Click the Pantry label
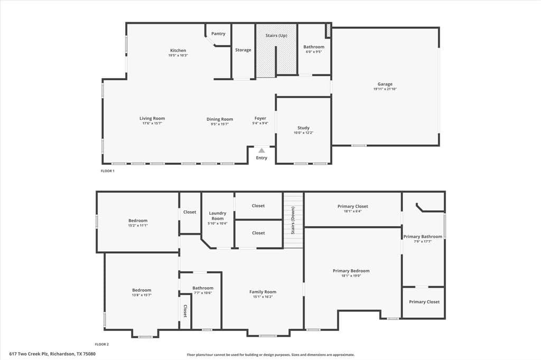pos(218,33)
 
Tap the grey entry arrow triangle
pos(262,150)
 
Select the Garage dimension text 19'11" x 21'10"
pos(385,89)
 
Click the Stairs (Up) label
pos(276,35)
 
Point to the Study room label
pos(303,128)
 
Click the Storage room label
pos(243,50)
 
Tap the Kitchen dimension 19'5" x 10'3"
pos(178,55)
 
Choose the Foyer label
pos(260,118)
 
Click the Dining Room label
pos(220,119)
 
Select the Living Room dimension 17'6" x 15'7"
pos(152,123)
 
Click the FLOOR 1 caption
pos(107,171)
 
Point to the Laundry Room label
pos(217,216)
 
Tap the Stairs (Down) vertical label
pos(293,220)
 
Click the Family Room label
pos(263,292)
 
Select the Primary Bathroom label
pos(423,236)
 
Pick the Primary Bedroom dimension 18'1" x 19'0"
pos(351,276)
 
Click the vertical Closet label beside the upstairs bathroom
pos(185,311)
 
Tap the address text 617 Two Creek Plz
pos(30,354)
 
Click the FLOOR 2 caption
pos(102,344)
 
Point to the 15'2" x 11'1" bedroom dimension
pos(138,225)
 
